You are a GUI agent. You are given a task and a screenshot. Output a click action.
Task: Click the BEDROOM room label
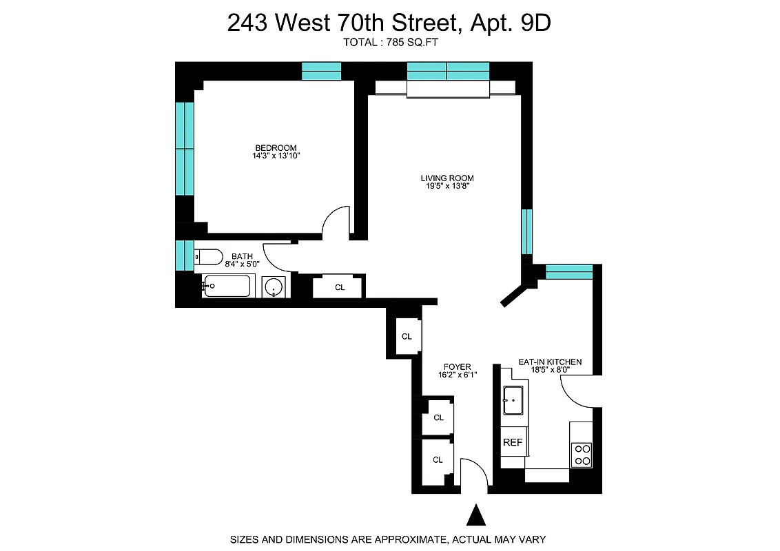pos(276,147)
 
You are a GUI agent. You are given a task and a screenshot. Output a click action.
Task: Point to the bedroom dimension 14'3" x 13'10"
pos(276,156)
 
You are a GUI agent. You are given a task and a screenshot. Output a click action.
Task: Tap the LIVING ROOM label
pos(447,178)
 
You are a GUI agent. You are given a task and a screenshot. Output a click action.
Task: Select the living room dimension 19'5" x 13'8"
pos(447,187)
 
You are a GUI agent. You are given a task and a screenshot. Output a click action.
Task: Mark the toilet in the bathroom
pos(208,257)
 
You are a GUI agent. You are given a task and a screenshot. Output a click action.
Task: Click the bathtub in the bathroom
pos(228,285)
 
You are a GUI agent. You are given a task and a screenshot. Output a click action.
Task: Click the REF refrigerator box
pos(513,442)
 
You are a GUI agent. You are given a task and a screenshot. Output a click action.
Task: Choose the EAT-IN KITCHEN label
pos(550,362)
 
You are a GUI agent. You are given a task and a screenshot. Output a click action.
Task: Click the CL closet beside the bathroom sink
pos(339,287)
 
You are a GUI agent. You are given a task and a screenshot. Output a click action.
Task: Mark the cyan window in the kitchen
pos(568,271)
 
